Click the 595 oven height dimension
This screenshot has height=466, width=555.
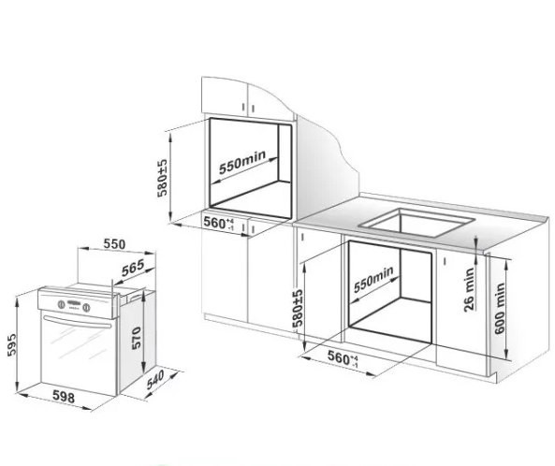point(12,344)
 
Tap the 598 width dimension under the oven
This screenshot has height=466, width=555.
point(64,397)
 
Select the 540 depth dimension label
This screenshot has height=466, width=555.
point(155,380)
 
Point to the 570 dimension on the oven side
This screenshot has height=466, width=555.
point(137,338)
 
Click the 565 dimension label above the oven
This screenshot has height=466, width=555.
point(133,268)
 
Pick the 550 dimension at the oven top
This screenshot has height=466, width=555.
point(114,244)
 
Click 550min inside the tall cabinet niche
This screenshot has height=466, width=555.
point(242,163)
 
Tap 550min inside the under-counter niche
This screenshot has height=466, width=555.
point(373,279)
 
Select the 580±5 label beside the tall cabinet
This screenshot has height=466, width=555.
point(162,178)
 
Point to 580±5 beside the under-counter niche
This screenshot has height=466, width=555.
point(298,308)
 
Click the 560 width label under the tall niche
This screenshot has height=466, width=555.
point(219,223)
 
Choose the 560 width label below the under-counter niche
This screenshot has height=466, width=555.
point(343,358)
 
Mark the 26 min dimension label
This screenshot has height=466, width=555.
point(469,289)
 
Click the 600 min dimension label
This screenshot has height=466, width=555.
point(499,308)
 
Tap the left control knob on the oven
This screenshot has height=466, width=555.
point(61,304)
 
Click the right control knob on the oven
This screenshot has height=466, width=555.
point(86,308)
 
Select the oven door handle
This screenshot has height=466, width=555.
point(77,322)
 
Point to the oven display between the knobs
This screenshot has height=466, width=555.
point(74,303)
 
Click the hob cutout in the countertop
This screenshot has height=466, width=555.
point(416,223)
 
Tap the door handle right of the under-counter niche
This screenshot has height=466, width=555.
point(445,261)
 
